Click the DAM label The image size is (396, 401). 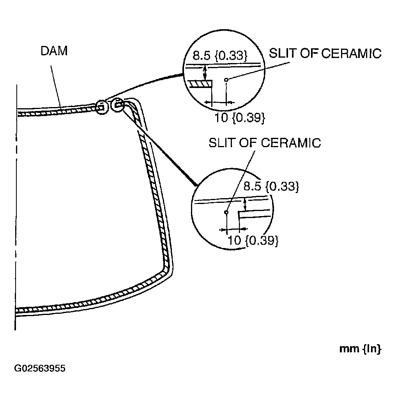click(54, 51)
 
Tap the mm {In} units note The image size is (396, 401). click(360, 349)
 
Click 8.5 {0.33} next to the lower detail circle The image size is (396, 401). click(271, 186)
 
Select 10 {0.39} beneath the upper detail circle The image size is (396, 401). click(240, 118)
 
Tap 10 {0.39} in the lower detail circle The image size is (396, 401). click(253, 240)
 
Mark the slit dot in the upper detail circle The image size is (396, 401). click(226, 80)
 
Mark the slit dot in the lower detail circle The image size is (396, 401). click(226, 212)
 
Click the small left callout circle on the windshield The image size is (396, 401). click(101, 107)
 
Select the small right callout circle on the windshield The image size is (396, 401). click(117, 105)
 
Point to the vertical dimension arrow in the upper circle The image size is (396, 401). click(204, 72)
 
